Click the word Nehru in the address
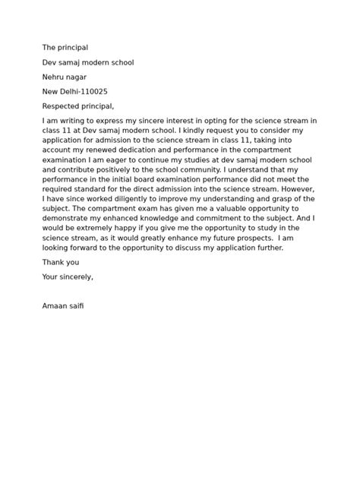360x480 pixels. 55,77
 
